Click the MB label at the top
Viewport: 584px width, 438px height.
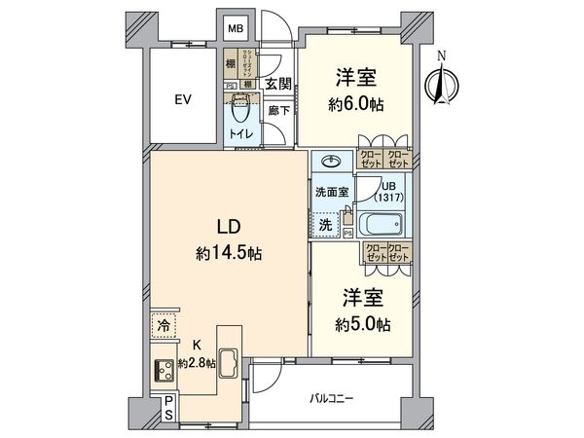click(235, 29)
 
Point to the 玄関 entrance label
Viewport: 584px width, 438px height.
click(277, 85)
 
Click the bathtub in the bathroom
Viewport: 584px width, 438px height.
click(381, 225)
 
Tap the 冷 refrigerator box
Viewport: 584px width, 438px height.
click(163, 325)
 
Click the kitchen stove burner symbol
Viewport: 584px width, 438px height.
click(163, 369)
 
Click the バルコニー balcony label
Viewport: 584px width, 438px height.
click(332, 398)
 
